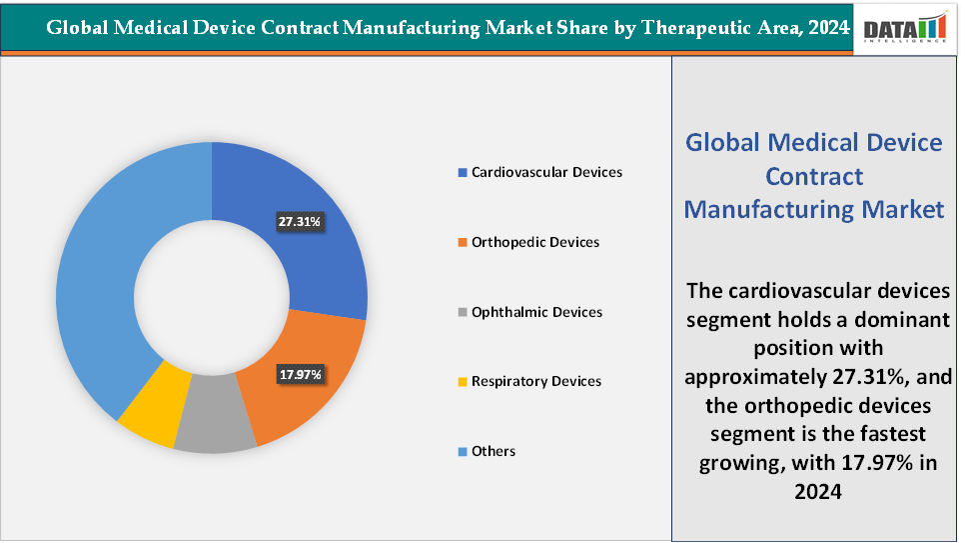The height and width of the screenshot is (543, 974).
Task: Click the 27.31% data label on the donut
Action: pos(300,221)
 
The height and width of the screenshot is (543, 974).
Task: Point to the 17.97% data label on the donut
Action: pos(300,374)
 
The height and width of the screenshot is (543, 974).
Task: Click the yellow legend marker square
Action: pos(462,382)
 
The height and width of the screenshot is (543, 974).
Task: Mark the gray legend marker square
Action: pos(462,313)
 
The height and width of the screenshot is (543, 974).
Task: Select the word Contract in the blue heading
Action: pos(813,176)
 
